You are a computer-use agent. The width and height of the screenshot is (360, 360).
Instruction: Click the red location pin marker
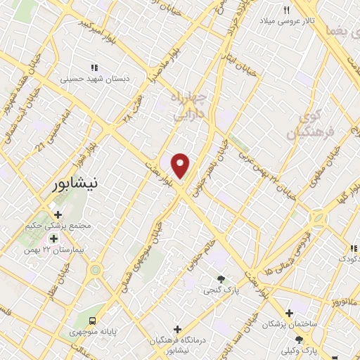(x=181, y=165)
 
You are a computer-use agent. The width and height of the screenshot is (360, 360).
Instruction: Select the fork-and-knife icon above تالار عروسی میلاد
(x=287, y=11)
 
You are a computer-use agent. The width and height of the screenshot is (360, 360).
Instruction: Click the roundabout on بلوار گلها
(x=319, y=219)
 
